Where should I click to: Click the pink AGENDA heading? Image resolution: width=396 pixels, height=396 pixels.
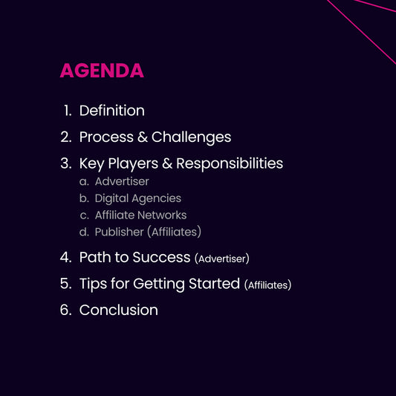[102, 71]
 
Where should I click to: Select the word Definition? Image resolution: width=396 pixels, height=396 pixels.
[111, 111]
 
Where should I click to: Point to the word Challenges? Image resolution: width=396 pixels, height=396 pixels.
[191, 137]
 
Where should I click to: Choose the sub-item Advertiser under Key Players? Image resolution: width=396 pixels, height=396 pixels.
[122, 181]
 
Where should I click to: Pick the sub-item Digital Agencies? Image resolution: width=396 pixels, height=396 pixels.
[137, 198]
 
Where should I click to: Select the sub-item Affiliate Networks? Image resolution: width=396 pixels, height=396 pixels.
[140, 215]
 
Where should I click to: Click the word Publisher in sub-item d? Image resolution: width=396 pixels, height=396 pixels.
[119, 233]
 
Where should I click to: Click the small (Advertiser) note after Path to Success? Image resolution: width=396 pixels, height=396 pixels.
[221, 259]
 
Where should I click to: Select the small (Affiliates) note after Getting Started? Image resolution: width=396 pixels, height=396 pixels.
[267, 285]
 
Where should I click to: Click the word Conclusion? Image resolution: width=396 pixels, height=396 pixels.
[118, 310]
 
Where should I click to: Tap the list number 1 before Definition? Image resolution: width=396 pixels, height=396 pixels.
[67, 111]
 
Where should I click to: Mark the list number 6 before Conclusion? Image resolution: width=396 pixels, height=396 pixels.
[65, 310]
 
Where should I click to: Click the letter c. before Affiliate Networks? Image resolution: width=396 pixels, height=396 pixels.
[84, 215]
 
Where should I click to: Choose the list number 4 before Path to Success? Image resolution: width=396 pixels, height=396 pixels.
[65, 258]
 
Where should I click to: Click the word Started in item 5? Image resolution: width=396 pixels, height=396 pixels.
[214, 284]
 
